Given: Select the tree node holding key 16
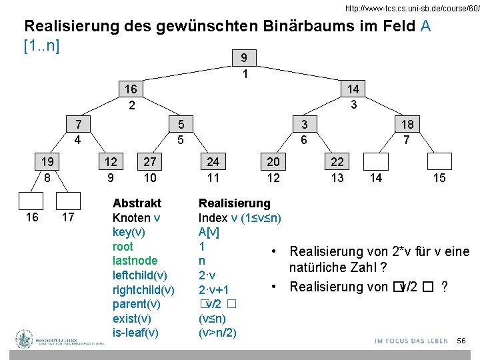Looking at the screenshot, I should (x=131, y=89).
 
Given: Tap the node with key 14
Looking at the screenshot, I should (x=353, y=89).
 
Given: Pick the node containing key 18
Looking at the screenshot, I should (x=406, y=125).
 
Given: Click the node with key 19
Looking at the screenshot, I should (x=47, y=162).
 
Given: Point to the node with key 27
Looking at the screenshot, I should (x=150, y=162).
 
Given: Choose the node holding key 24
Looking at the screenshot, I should (x=213, y=162).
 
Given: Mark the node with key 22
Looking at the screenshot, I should (x=337, y=162).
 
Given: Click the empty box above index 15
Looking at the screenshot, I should (x=439, y=162).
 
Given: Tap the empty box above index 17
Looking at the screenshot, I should (x=68, y=201).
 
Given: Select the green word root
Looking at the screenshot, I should (x=123, y=246).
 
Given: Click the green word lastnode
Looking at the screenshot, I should (x=135, y=261).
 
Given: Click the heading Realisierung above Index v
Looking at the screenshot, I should (x=235, y=203).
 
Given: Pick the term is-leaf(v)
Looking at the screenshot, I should (x=135, y=332).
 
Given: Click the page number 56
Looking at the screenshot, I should (x=461, y=341).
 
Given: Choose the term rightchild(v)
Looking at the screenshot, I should (x=143, y=289).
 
